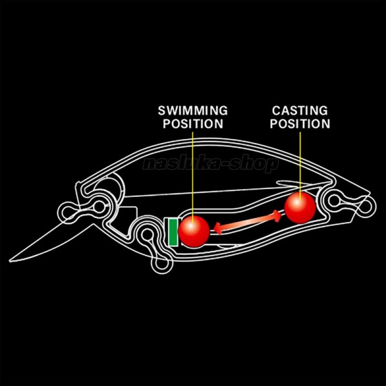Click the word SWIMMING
coord(192,111)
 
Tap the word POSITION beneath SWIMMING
coord(192,124)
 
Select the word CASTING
coord(299,111)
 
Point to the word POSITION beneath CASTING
coord(299,124)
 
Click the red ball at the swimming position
coord(194,231)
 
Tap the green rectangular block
coord(172,232)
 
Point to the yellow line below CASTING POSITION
coord(300,161)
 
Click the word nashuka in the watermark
coord(181,164)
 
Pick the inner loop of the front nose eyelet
coord(100,206)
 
